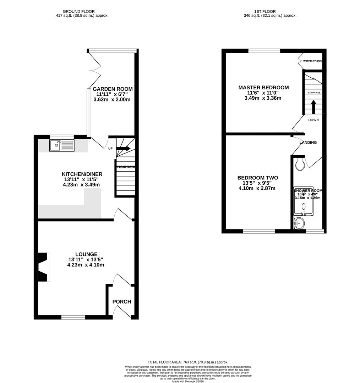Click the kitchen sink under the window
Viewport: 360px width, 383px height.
62,145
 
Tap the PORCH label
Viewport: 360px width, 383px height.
122,302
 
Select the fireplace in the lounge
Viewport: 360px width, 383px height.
43,267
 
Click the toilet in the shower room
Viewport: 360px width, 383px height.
300,164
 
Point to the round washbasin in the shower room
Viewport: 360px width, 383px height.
299,223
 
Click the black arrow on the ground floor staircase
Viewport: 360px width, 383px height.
123,149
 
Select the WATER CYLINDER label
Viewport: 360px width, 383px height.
312,61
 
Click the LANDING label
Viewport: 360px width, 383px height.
308,143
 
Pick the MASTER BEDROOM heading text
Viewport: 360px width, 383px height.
263,88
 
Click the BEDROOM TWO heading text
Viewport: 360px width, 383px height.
257,178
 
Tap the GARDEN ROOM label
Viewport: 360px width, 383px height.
112,89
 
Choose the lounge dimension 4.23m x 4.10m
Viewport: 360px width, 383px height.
86,265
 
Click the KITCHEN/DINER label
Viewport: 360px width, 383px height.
82,174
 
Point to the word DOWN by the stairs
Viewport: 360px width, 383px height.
313,120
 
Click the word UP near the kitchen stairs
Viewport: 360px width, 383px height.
110,149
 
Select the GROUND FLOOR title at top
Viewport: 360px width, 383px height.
78,11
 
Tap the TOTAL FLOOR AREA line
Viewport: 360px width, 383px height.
188,362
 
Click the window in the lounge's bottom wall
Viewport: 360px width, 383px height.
73,317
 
